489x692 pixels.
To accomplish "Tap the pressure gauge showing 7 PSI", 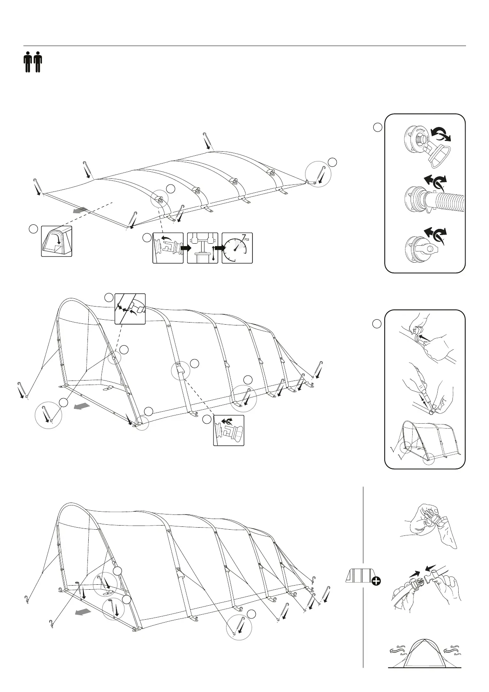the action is click(237, 248).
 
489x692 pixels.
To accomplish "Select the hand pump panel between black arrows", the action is click(202, 248).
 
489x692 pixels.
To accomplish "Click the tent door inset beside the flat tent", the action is click(56, 241).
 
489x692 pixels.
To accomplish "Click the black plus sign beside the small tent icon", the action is click(375, 581).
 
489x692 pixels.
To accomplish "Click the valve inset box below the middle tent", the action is click(229, 430).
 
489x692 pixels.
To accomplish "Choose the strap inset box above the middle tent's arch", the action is click(130, 309).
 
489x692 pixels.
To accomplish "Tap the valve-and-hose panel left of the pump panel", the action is click(168, 248).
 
